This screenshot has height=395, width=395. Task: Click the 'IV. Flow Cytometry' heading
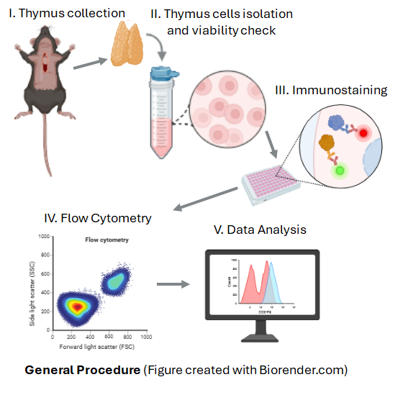[x=98, y=216]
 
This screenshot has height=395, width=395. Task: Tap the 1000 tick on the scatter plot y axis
[x=45, y=237]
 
